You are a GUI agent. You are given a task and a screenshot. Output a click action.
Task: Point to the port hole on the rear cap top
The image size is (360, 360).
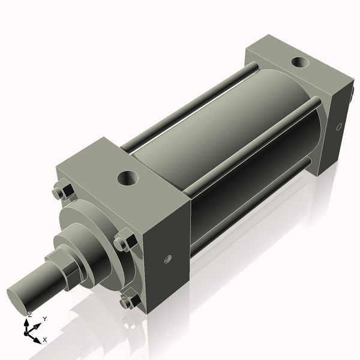[298, 62]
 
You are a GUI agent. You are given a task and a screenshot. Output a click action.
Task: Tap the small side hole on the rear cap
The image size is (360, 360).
[339, 127]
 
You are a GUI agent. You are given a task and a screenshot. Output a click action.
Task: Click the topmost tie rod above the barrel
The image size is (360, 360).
[186, 108]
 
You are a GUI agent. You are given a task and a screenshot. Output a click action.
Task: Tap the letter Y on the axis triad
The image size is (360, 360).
[44, 319]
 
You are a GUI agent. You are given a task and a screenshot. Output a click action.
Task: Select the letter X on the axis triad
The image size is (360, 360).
[44, 340]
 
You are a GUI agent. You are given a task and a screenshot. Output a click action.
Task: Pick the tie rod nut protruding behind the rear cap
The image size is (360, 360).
[352, 100]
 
